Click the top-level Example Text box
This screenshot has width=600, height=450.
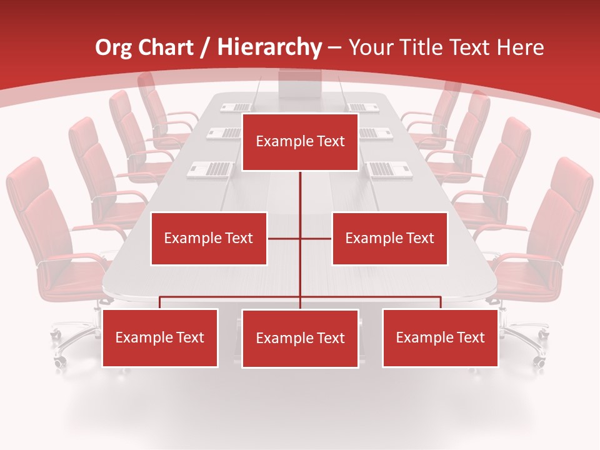(x=300, y=142)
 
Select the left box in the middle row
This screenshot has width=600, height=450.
(x=209, y=238)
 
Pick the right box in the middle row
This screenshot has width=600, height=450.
(x=389, y=238)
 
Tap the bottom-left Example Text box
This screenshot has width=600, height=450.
(x=160, y=337)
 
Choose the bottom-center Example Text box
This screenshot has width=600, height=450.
(x=300, y=338)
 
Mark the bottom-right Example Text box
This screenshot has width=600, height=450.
(x=440, y=337)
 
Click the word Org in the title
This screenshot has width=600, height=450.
(x=113, y=47)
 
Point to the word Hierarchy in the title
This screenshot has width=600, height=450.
(x=269, y=47)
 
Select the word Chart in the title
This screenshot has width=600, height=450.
(x=169, y=47)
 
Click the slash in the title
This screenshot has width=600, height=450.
(x=206, y=47)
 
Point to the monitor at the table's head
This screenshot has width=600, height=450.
(x=299, y=84)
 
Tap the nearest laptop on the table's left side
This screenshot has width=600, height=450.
(x=211, y=169)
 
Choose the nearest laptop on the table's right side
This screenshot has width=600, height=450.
(x=389, y=169)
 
